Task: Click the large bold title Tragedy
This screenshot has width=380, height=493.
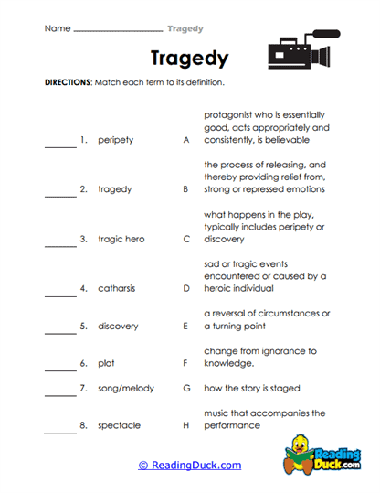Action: tap(189, 59)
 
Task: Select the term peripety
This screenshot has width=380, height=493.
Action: tap(116, 141)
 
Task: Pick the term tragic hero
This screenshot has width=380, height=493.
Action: tap(121, 240)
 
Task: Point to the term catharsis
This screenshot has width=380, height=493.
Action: tap(116, 289)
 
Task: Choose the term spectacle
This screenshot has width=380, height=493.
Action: tap(118, 425)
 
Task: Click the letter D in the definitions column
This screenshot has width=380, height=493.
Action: tap(185, 289)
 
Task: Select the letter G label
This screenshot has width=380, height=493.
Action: tap(185, 388)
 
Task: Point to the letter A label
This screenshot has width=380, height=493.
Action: tap(185, 141)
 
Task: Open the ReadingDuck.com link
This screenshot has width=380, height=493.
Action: tap(189, 466)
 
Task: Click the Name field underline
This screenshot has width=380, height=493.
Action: tap(117, 30)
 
